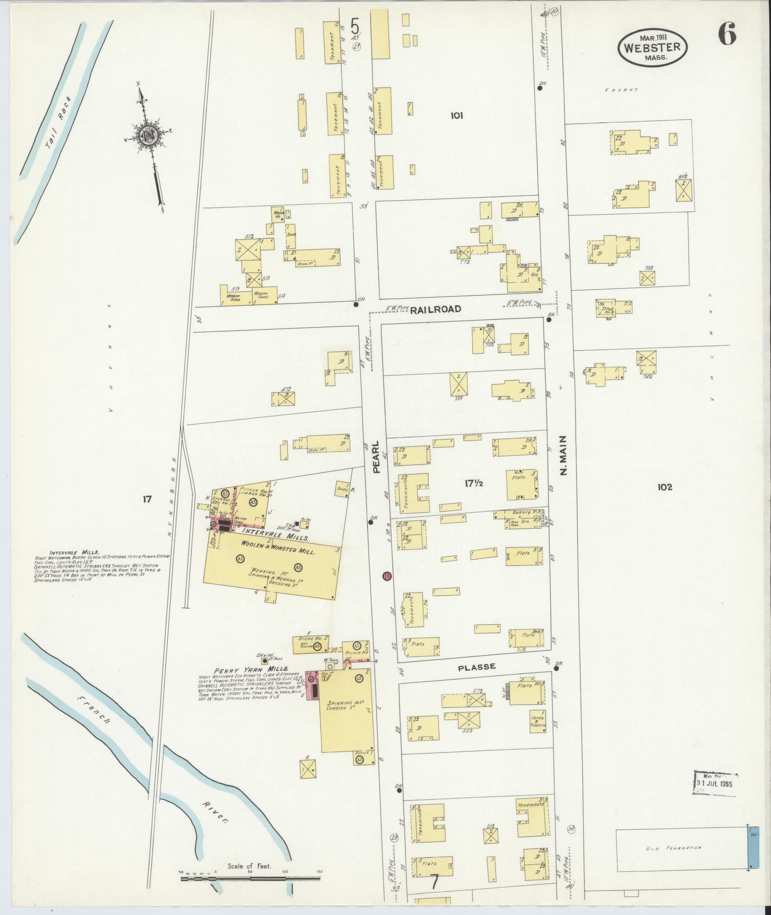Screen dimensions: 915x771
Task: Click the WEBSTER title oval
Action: coord(652,47)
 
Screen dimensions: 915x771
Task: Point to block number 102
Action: coord(665,487)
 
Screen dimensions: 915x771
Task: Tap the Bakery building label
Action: coord(521,512)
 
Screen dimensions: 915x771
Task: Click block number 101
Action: coord(456,115)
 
